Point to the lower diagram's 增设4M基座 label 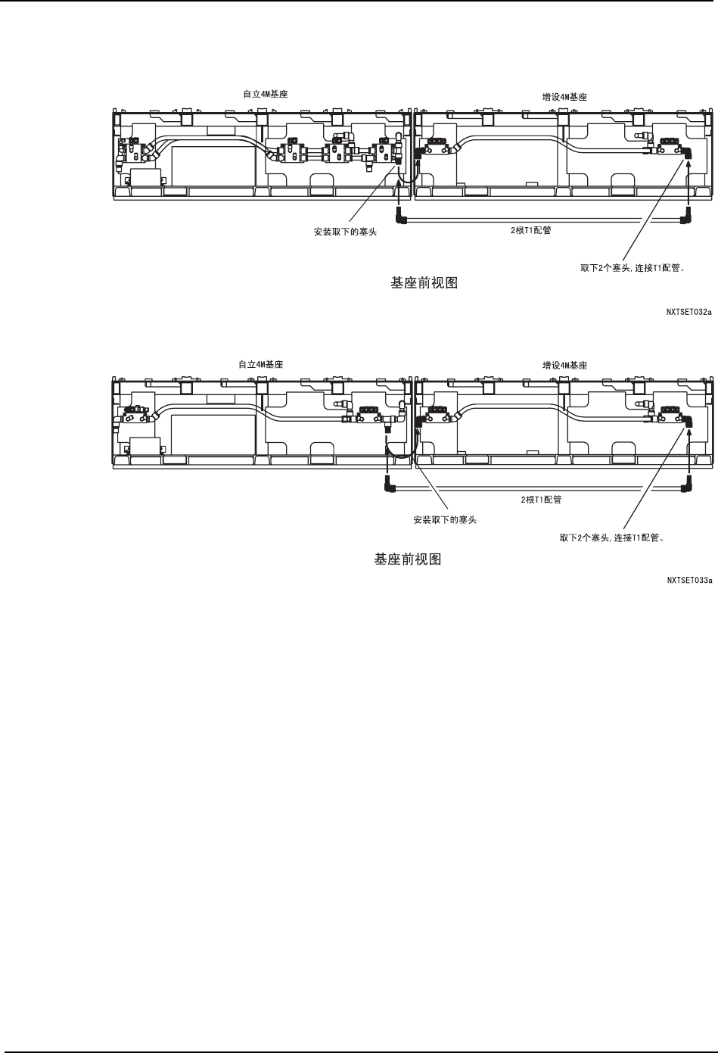pyautogui.click(x=564, y=365)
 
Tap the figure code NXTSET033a pyautogui.click(x=689, y=581)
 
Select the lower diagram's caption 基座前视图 pyautogui.click(x=408, y=559)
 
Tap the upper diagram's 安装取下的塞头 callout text pyautogui.click(x=345, y=232)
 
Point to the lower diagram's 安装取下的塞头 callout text pyautogui.click(x=445, y=520)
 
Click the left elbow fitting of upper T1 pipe pyautogui.click(x=404, y=220)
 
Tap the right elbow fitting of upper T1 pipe pyautogui.click(x=686, y=220)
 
